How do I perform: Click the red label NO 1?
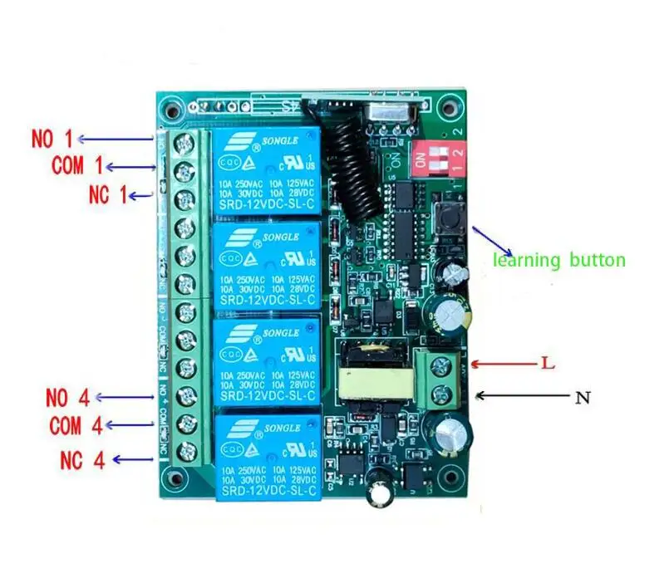[x=52, y=138]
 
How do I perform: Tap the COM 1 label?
[x=79, y=165]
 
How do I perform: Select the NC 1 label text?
[x=108, y=195]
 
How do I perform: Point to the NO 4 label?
[x=67, y=397]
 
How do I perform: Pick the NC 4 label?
[x=83, y=458]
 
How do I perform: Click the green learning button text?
[x=558, y=260]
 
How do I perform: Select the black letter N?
[x=583, y=398]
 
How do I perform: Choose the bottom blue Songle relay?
[x=266, y=458]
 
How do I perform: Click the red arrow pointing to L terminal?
[x=497, y=364]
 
